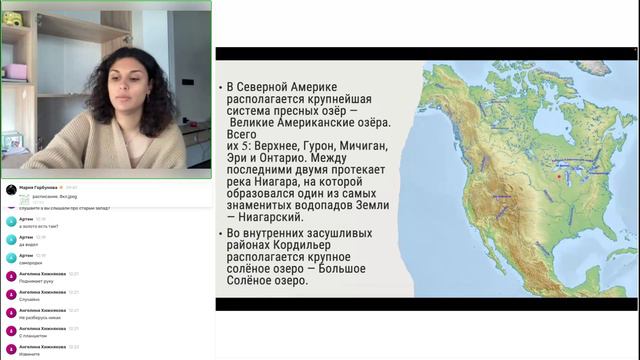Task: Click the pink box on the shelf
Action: click(15, 71)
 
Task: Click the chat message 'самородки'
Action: click(31, 263)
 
